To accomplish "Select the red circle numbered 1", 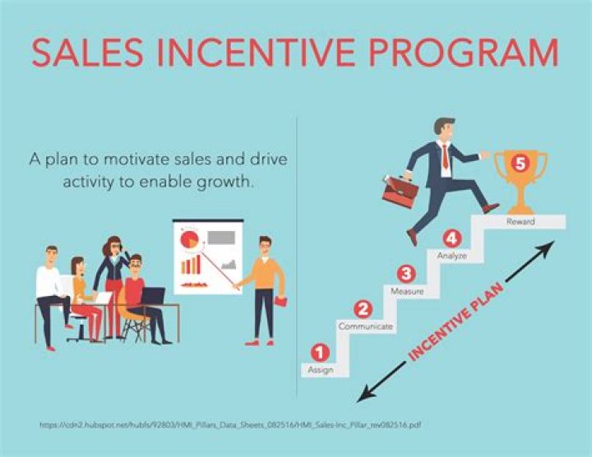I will click(x=320, y=353).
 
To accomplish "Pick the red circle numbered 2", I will click(x=363, y=309).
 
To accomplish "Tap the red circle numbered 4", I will click(x=451, y=238).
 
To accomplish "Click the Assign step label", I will click(x=320, y=371).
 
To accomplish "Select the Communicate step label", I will click(x=365, y=327).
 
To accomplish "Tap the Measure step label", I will click(x=407, y=292).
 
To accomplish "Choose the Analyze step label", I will click(x=451, y=256).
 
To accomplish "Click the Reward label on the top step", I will click(x=520, y=222).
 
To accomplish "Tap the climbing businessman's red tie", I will click(x=444, y=155).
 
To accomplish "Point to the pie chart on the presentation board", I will click(x=188, y=239).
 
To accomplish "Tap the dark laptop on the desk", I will click(x=152, y=296).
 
